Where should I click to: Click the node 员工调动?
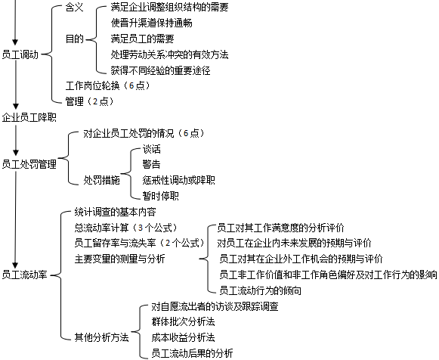point(20,54)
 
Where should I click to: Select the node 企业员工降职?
point(29,117)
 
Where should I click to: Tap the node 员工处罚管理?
point(29,164)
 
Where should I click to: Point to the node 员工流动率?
point(25,275)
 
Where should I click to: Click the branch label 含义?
point(75,8)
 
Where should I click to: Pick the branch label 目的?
point(75,39)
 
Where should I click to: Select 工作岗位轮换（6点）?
point(108,85)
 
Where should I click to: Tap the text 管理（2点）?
point(90,101)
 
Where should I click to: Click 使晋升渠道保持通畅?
point(151,23)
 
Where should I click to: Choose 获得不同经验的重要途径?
point(160,70)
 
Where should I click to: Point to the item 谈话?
point(151,149)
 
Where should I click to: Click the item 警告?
point(151,164)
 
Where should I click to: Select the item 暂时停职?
point(160,196)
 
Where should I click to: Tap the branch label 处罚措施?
point(102,180)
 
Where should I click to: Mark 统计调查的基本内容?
point(116,212)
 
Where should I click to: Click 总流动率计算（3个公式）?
point(126,228)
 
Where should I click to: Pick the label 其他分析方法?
point(102,337)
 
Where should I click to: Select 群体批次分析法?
point(183,321)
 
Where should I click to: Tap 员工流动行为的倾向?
point(261,290)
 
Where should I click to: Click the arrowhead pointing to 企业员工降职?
point(16,106)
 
